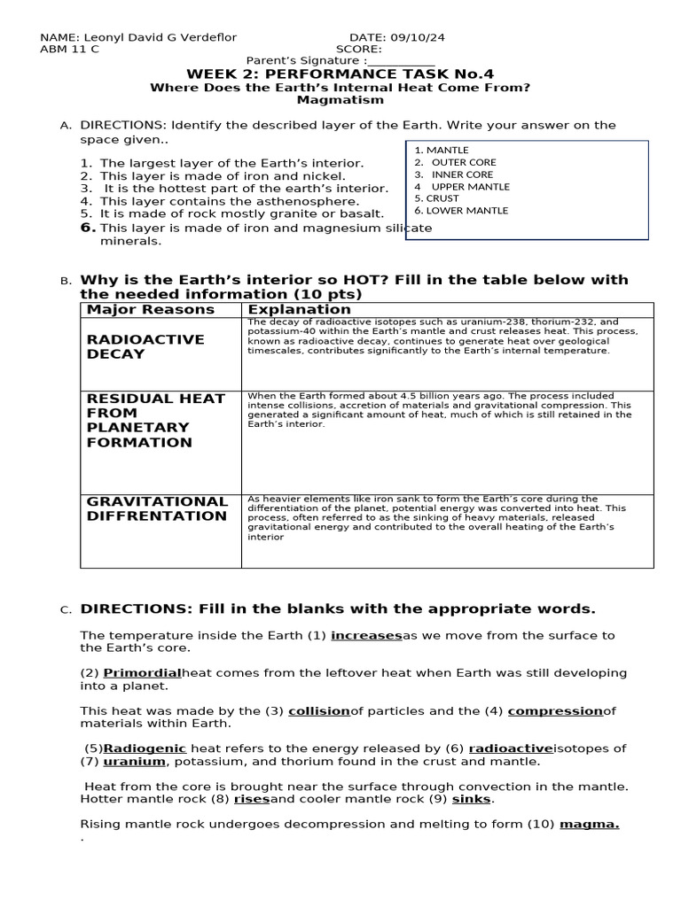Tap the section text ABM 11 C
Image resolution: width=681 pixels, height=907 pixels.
point(70,50)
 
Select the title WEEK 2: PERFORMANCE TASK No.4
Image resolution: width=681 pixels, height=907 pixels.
point(340,74)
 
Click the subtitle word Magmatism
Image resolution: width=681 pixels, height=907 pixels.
point(340,100)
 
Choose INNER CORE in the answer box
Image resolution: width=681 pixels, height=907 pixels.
point(462,174)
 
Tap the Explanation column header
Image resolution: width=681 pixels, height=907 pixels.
point(299,309)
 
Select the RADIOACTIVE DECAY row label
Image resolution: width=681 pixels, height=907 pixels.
point(145,346)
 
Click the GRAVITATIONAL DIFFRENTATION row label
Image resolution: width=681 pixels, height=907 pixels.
point(157,508)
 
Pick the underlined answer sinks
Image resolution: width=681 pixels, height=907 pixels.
point(471,799)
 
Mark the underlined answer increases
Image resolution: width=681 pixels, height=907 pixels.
point(366,635)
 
